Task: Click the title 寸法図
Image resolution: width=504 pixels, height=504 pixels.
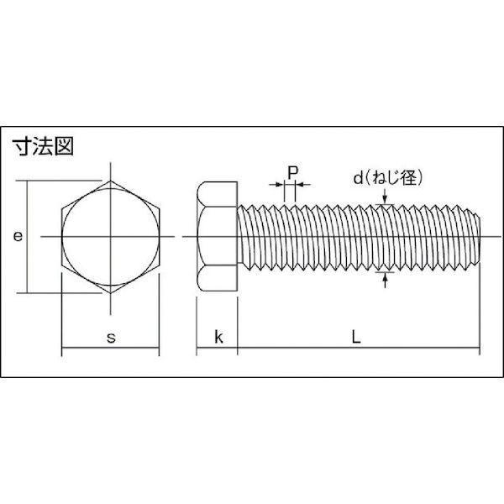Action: point(43,146)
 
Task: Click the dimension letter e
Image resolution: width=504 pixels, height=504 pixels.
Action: point(18,236)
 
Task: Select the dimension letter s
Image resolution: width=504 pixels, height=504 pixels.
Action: point(111,338)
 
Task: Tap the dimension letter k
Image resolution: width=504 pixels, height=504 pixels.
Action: point(218,337)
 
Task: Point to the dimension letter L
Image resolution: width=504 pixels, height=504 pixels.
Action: point(356,337)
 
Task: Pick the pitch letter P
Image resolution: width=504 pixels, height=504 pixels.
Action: point(292,173)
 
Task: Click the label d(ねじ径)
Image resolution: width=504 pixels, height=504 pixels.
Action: point(387,178)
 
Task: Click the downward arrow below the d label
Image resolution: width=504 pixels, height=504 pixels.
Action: point(385,197)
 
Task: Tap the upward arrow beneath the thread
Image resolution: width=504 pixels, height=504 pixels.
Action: point(385,280)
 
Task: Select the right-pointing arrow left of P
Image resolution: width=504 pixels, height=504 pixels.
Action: point(276,185)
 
